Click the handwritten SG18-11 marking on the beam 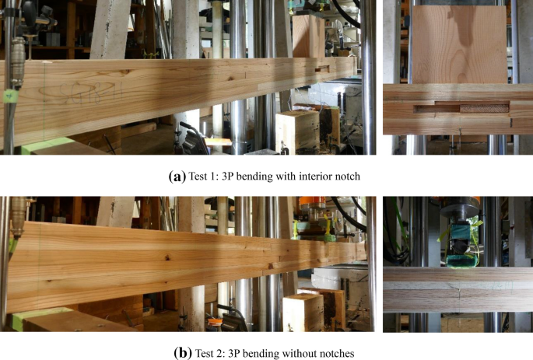(x=81, y=93)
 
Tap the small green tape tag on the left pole (x=11, y=96)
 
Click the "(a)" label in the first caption (x=177, y=177)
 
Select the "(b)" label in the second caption (x=183, y=353)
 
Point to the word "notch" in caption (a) (x=347, y=177)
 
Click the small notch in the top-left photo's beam (x=322, y=69)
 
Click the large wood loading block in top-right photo (x=460, y=44)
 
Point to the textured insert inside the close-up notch (x=485, y=109)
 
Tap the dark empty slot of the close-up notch (x=437, y=109)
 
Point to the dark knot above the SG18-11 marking (x=125, y=72)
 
